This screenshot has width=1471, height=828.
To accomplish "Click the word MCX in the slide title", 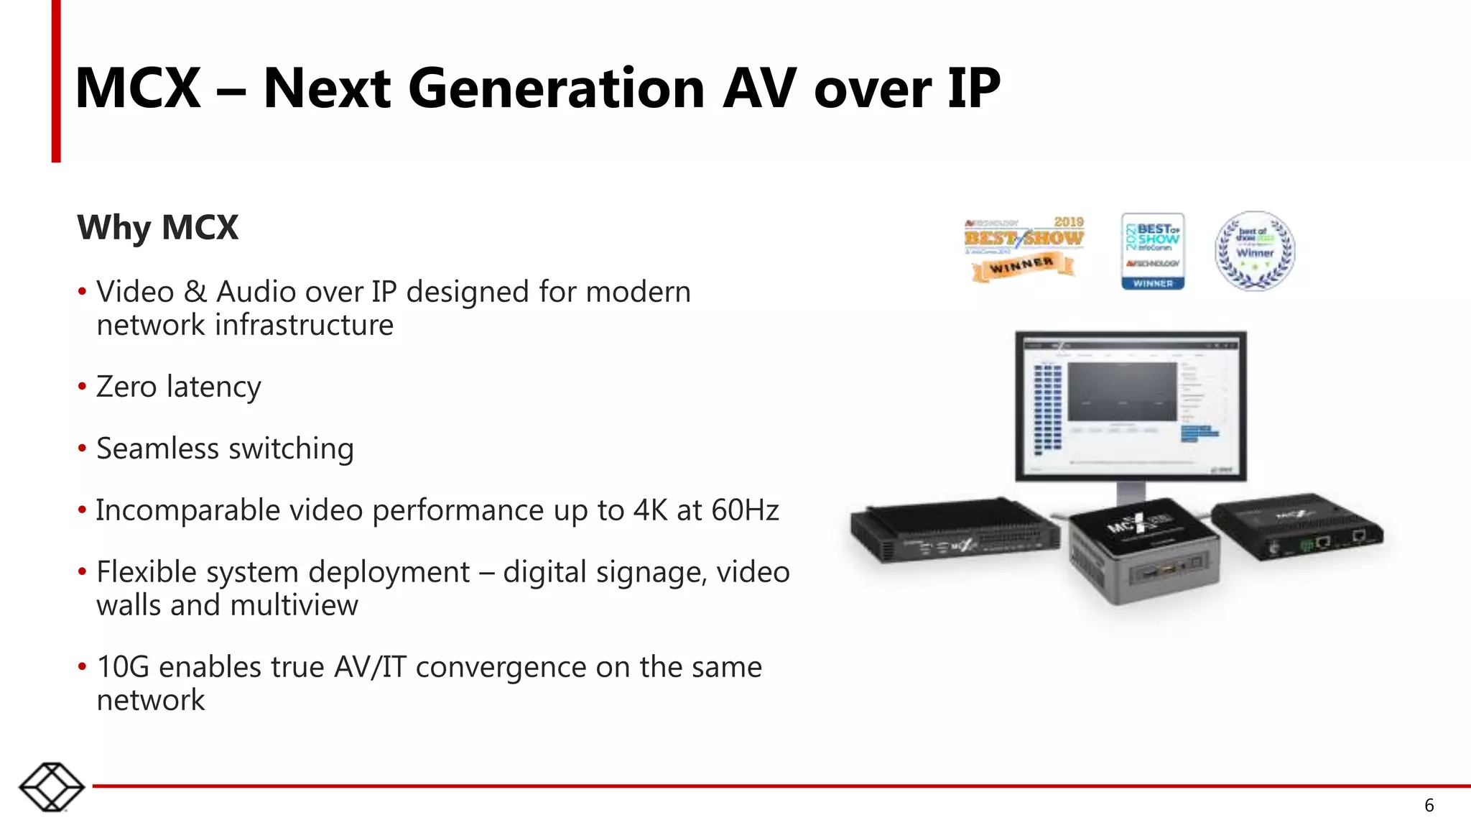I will (x=138, y=88).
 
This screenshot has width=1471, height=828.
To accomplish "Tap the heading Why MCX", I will (x=157, y=227).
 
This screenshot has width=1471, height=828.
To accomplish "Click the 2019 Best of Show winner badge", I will (x=1024, y=249).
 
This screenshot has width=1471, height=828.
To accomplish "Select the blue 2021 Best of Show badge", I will (x=1153, y=252).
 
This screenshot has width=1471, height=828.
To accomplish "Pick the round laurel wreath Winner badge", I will (x=1255, y=251).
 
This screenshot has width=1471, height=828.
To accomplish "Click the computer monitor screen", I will (x=1131, y=405).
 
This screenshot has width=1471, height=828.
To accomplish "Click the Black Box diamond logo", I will (x=52, y=787).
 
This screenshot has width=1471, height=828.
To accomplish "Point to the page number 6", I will (x=1429, y=805).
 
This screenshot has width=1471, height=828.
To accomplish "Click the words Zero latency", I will (x=178, y=387).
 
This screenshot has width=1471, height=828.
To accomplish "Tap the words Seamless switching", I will (x=225, y=448).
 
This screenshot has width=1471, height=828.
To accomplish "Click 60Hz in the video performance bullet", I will (x=745, y=510).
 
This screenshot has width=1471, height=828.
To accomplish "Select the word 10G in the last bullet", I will (x=123, y=667).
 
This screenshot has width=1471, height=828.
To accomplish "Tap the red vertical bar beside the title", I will (x=56, y=80).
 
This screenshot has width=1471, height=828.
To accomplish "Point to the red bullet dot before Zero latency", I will (x=82, y=387).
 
